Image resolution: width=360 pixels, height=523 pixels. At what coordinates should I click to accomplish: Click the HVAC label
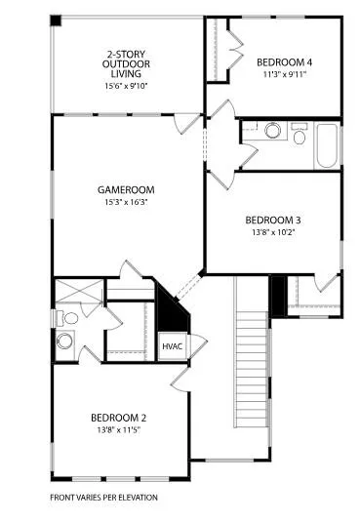(x=172, y=346)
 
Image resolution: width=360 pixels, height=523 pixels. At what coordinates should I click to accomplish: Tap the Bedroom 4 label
(x=285, y=62)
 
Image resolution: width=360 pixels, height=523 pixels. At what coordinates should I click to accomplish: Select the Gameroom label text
(x=126, y=190)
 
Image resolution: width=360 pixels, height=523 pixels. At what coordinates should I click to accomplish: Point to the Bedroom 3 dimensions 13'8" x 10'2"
(x=273, y=232)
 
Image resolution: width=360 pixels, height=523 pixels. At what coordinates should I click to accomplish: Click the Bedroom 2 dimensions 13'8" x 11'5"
(x=118, y=430)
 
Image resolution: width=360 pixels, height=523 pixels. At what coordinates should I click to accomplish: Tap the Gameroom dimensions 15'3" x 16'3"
(x=126, y=202)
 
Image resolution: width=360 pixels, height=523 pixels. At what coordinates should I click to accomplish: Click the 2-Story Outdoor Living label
(x=126, y=63)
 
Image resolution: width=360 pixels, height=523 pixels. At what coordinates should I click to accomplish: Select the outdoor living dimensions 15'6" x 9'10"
(x=126, y=86)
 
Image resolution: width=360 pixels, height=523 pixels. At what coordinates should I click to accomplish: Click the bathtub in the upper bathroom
(x=326, y=145)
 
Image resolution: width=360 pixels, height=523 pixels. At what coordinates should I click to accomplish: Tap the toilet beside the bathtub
(x=299, y=134)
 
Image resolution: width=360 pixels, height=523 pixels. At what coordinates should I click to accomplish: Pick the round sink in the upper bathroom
(x=272, y=130)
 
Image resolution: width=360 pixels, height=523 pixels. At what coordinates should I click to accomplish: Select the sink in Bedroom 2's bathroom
(x=64, y=341)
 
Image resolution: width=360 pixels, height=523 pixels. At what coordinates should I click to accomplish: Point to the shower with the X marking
(x=79, y=291)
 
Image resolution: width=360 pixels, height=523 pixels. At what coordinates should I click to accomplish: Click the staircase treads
(x=252, y=369)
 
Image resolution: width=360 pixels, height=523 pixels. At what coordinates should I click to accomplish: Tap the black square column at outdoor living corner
(x=56, y=20)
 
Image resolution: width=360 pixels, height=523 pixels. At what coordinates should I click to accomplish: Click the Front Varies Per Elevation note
(x=103, y=498)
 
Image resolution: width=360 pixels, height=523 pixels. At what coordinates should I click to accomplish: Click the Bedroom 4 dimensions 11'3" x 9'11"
(x=285, y=74)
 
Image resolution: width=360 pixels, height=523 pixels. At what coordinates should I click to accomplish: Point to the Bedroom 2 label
(x=118, y=418)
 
